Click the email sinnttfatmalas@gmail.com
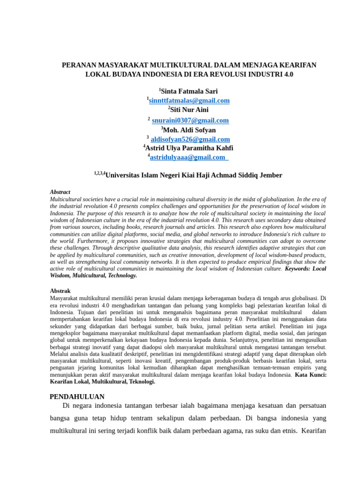pos(189,101)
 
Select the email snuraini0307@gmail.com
pos(190,120)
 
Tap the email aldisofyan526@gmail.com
pos(190,139)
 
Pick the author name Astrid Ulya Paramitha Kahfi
pos(189,148)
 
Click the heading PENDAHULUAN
pos(77,397)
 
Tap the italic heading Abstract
pos(60,192)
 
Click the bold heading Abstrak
pos(60,291)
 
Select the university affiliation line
pos(188,175)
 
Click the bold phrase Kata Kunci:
pos(311,375)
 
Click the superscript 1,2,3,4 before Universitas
pos(99,173)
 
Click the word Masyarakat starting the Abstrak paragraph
pos(67,298)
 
